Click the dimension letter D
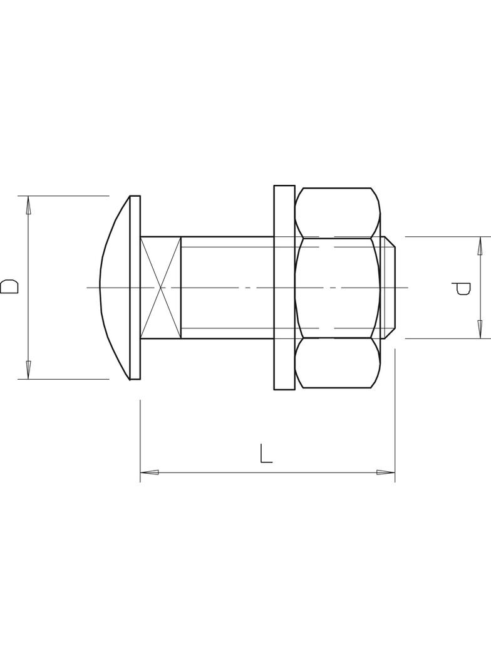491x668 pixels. pos(9,287)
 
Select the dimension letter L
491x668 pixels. pos(266,454)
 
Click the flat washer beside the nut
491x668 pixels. pos(284,288)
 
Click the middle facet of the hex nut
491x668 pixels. pos(338,288)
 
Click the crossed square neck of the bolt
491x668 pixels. pos(161,288)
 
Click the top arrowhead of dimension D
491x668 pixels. pos(28,204)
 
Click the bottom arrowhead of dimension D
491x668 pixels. pos(28,371)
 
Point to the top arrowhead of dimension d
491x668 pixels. pos(480,245)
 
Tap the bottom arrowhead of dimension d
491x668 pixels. pos(480,330)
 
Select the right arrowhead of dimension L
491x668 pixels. pos(386,472)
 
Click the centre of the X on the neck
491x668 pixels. pos(161,288)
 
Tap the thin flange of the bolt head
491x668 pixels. pos(135,288)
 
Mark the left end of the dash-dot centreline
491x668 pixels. pos(88,288)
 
